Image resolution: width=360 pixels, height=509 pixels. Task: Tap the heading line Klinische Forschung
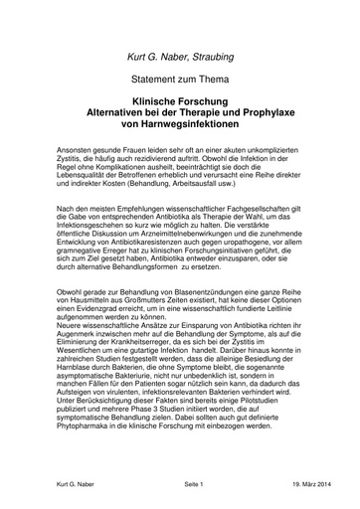[x=179, y=101]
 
